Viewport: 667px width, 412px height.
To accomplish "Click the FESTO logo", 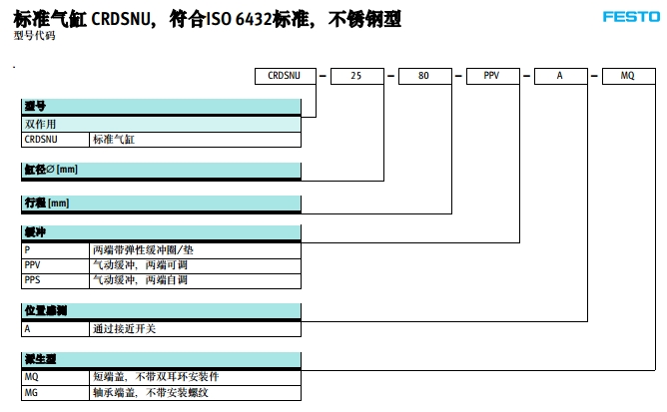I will click(x=631, y=17).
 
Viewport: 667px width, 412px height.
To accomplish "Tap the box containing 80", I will click(x=424, y=75).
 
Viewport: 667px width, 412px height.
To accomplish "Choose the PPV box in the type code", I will click(x=492, y=75).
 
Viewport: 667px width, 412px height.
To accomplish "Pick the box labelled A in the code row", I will click(x=560, y=75).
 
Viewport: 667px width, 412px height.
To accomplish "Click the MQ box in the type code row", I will click(x=628, y=75).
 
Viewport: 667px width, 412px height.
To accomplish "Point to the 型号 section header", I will click(x=36, y=106).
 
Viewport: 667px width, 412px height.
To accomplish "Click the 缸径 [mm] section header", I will click(x=50, y=169).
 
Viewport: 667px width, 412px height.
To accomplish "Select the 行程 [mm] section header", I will click(x=47, y=203).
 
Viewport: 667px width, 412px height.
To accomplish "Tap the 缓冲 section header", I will click(x=36, y=231).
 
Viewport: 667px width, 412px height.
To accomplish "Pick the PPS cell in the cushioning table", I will click(x=33, y=280).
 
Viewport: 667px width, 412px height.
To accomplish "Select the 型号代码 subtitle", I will click(x=35, y=36).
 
